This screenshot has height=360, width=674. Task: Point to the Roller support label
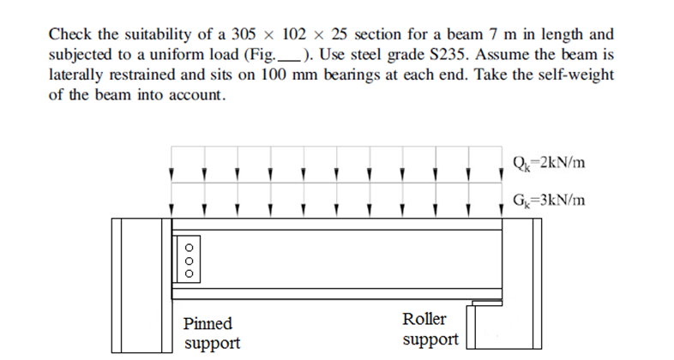pyautogui.click(x=424, y=329)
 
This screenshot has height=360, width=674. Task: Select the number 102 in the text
pyautogui.click(x=294, y=35)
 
